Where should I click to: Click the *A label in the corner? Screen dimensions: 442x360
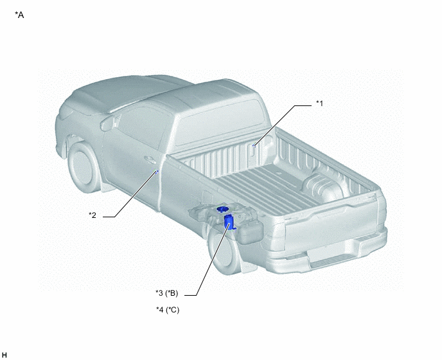point(19,15)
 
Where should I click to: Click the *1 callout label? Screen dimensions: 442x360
point(319,104)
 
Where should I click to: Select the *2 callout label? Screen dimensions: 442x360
point(93,215)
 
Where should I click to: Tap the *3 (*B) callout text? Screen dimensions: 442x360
point(167,293)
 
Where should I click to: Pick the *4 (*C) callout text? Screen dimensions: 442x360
point(168,310)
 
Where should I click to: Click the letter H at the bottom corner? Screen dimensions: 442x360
point(4,355)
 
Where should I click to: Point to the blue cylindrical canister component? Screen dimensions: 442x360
point(229,222)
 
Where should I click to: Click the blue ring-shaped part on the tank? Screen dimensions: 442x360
point(223,209)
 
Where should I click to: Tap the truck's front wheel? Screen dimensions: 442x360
point(82,167)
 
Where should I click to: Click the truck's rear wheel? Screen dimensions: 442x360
point(223,252)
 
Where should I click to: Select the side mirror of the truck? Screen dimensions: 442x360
point(108,123)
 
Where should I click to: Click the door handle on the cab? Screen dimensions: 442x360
point(150,160)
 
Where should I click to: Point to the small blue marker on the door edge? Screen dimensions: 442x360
point(157,172)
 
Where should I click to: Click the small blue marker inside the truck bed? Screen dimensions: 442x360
point(254,145)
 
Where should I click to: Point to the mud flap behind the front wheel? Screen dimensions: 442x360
point(108,186)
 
